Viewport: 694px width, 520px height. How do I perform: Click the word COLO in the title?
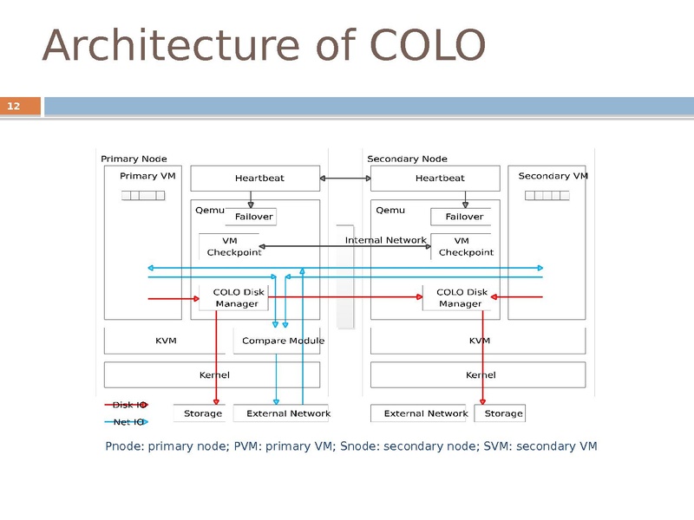pos(427,46)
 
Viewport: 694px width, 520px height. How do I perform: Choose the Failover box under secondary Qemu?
pos(463,216)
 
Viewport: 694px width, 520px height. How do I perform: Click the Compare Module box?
pos(282,341)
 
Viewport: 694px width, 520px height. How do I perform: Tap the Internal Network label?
pos(385,240)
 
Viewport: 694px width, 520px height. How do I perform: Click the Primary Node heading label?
pos(134,159)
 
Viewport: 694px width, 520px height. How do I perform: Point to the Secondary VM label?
pos(553,176)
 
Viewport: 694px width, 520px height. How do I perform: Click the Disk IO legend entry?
pos(129,405)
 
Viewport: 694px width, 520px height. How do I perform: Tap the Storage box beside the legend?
pos(201,413)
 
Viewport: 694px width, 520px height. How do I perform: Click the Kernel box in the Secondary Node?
pos(480,375)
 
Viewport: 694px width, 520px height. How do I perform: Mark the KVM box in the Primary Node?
pos(166,341)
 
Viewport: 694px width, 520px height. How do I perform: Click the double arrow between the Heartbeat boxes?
pos(345,179)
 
